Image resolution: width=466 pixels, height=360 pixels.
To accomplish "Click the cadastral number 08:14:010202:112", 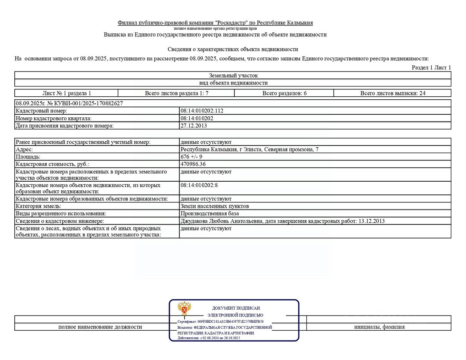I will (x=202, y=111).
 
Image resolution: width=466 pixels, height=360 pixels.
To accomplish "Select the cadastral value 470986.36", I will (x=193, y=164).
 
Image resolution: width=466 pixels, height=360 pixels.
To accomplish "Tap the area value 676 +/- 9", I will (x=191, y=157).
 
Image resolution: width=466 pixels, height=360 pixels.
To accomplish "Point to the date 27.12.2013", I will (x=193, y=126).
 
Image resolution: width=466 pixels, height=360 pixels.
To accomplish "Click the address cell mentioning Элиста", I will (x=249, y=149).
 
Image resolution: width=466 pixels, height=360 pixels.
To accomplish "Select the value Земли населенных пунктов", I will (x=215, y=206).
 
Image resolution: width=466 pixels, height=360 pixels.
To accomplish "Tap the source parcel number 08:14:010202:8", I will (x=199, y=185).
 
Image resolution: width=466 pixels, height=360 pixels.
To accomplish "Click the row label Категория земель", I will (x=38, y=206).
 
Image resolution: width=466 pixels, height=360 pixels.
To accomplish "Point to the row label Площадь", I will (x=28, y=157).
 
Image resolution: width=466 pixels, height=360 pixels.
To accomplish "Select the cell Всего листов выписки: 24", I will (x=393, y=93).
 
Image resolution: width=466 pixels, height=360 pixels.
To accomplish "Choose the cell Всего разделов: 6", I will (x=284, y=93).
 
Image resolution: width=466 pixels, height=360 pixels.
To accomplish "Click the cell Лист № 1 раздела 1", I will (x=67, y=93).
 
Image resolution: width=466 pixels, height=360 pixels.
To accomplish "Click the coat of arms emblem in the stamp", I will (x=184, y=309).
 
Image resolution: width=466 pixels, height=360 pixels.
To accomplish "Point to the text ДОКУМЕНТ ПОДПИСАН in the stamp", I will (x=236, y=308).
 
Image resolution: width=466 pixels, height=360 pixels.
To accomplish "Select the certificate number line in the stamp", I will (x=221, y=322).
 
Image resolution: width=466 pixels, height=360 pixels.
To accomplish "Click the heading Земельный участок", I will (x=233, y=76).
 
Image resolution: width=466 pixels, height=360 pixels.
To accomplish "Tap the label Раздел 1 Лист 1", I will (x=431, y=68).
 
